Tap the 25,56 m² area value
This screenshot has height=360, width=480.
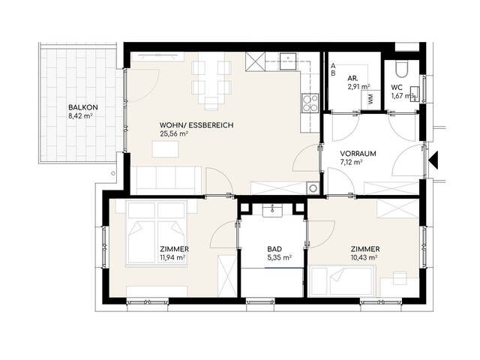[173, 133]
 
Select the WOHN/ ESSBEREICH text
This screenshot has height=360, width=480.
[196, 125]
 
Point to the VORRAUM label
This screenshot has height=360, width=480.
[358, 154]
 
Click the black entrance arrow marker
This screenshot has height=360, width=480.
[433, 160]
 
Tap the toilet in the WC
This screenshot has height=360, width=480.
[401, 67]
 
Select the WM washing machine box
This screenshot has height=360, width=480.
[371, 100]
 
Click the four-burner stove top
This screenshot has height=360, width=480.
[310, 103]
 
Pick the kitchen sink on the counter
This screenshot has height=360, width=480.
[288, 61]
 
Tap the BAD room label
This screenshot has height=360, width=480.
[274, 249]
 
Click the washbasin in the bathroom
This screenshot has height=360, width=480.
[272, 211]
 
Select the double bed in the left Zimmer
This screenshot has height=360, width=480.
[157, 233]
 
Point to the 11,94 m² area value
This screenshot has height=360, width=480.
[172, 257]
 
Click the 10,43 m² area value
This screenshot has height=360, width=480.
[364, 257]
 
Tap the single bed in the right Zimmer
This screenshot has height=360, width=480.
[342, 280]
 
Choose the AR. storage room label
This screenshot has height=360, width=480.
[353, 78]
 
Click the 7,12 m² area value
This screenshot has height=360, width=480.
[352, 162]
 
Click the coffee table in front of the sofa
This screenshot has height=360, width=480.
[166, 149]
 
